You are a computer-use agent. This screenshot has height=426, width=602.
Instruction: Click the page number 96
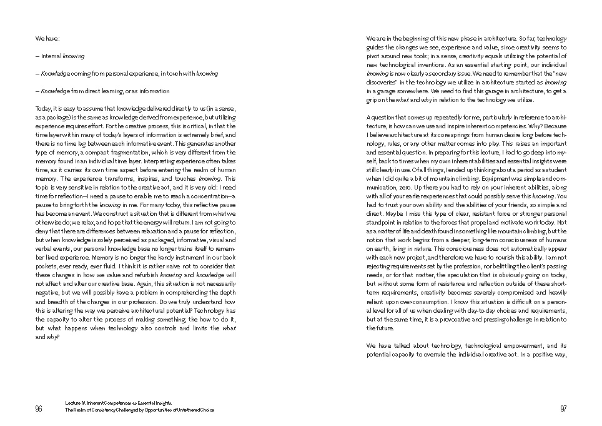tap(39, 408)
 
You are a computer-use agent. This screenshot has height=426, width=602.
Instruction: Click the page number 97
tap(563, 408)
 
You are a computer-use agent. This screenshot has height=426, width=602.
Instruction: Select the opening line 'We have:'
tap(47, 39)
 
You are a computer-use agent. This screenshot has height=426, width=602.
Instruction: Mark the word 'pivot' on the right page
tap(374, 56)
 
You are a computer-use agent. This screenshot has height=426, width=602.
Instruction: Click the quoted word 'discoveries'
tap(383, 83)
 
